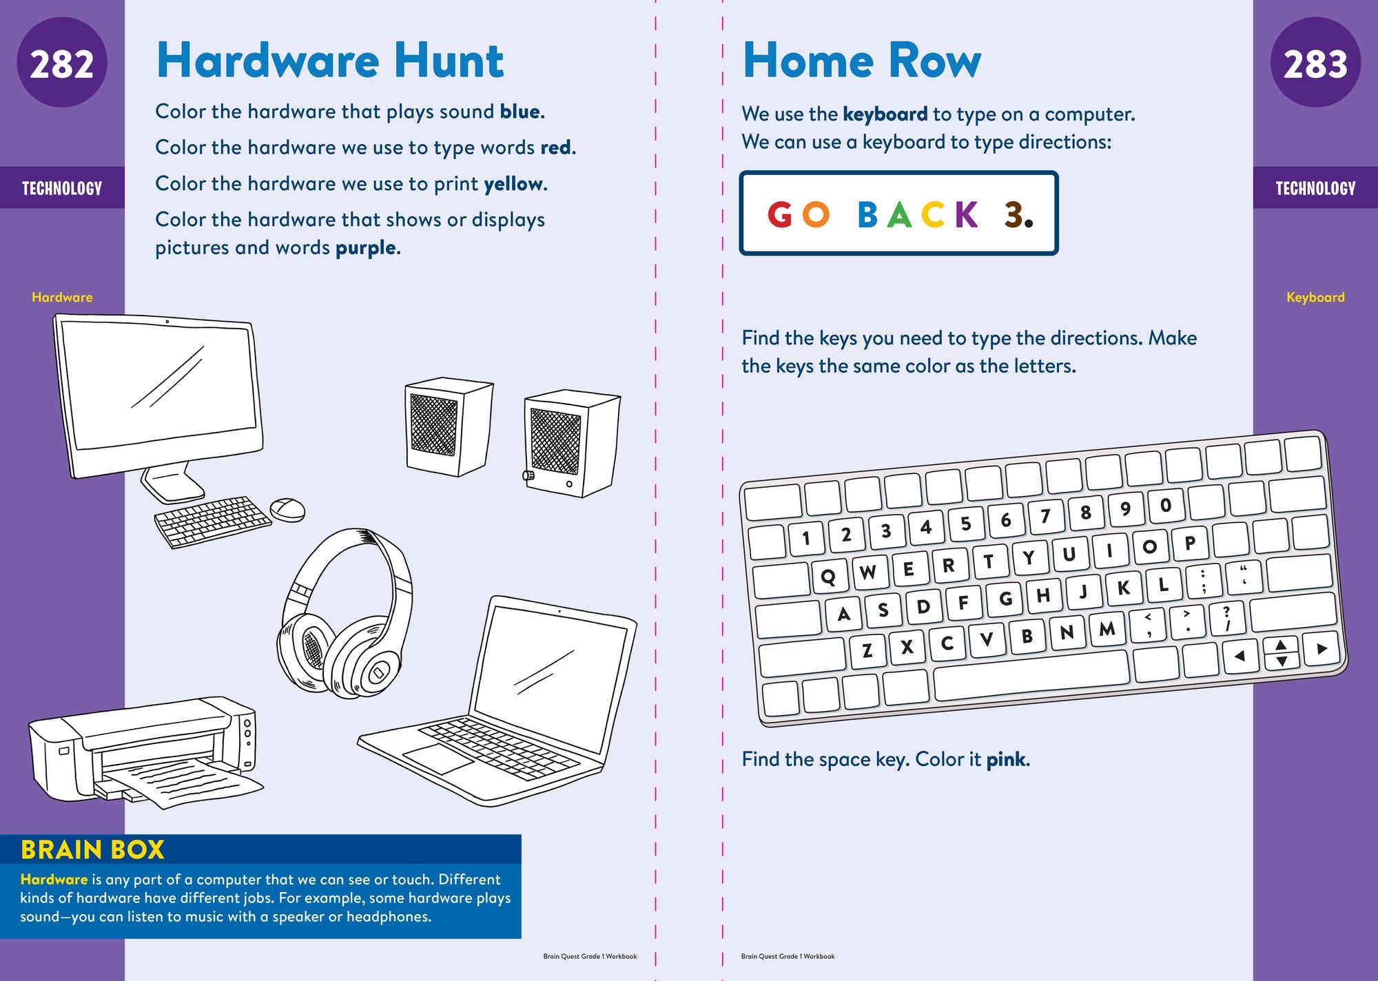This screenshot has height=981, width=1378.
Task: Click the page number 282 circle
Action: click(x=62, y=63)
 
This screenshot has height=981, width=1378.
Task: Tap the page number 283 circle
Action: click(x=1315, y=63)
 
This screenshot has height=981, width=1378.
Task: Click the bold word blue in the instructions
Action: click(x=522, y=112)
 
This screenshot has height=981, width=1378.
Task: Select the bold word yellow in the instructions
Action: click(x=515, y=184)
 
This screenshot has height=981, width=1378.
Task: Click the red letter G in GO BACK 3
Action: click(x=780, y=215)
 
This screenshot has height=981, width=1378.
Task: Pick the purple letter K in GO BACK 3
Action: click(x=967, y=215)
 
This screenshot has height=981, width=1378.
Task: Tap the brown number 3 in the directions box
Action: click(x=1014, y=215)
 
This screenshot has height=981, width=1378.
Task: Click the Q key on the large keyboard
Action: click(x=828, y=576)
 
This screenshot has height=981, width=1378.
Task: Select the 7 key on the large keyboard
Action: click(x=1046, y=515)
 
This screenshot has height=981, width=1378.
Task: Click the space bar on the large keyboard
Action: click(x=1031, y=674)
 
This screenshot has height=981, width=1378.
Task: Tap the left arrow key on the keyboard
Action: click(x=1240, y=655)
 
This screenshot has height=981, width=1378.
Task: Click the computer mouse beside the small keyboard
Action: click(x=287, y=510)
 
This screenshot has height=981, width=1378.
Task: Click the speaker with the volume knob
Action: click(x=572, y=444)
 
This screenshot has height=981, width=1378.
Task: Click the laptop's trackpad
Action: click(x=438, y=758)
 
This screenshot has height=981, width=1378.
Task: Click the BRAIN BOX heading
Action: click(x=92, y=850)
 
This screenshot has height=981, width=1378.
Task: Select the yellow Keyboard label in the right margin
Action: click(x=1315, y=298)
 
